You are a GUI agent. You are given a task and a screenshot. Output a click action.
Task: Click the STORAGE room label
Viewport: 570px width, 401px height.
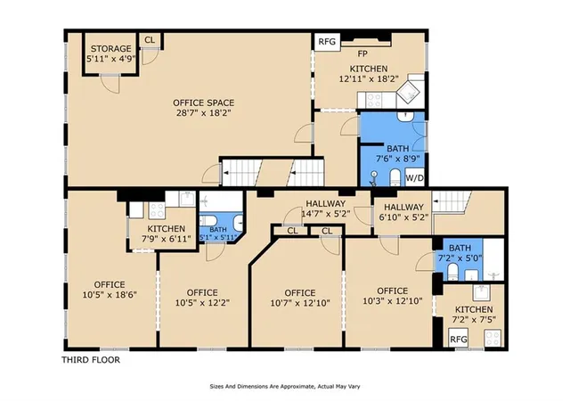pos(110,49)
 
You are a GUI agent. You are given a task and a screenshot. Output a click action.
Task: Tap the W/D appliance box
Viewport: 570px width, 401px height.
pos(414,177)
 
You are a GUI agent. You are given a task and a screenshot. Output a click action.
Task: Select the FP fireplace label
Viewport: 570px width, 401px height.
pos(362,53)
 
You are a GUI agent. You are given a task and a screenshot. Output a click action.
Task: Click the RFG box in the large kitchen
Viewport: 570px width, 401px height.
pos(327,42)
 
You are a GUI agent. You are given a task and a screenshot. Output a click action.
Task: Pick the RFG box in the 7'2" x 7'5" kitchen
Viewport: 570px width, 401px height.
pos(459,339)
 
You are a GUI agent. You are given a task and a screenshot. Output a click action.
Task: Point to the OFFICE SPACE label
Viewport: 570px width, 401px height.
pos(204,103)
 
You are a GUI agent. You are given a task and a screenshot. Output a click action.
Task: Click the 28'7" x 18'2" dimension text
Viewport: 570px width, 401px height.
pos(204,113)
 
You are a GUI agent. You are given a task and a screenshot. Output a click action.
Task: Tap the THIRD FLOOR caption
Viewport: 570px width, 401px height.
pos(91,360)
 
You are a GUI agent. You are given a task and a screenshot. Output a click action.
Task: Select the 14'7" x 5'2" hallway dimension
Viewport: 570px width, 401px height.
pos(326,214)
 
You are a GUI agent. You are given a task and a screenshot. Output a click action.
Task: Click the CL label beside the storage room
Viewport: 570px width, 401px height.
pos(150,40)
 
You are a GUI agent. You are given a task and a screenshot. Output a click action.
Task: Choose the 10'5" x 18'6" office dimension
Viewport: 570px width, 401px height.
pos(110,294)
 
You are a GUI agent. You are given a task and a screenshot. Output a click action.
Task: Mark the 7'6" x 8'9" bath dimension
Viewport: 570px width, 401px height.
pos(398,159)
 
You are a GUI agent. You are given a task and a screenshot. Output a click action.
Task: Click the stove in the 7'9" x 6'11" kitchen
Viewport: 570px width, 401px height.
pos(157,210)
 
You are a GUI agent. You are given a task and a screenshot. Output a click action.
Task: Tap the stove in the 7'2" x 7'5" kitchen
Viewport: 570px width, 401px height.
pos(493,338)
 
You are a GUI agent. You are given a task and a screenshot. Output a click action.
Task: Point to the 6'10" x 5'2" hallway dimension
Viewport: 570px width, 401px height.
pos(404,217)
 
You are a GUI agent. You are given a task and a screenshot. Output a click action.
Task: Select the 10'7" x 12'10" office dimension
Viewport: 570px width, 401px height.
pos(300,303)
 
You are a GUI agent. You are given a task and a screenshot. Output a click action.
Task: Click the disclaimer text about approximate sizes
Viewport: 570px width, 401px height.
pos(285,387)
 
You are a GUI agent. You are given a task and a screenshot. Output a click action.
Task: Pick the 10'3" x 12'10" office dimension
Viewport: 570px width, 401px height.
pos(393,301)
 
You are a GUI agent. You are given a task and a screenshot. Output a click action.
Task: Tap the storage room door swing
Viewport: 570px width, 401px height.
pos(110,84)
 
